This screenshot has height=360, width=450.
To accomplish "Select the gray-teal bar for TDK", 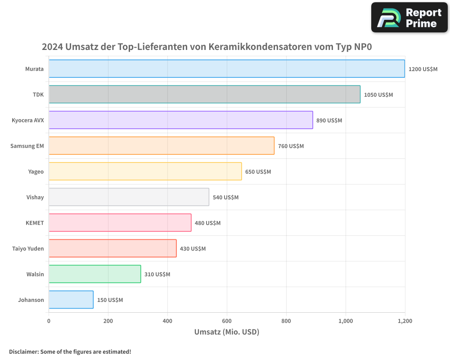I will click(x=204, y=94).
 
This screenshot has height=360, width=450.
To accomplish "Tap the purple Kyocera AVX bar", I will click(x=180, y=120).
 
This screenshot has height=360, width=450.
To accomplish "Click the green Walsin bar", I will click(x=94, y=274).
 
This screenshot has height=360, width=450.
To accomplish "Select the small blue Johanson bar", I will click(x=71, y=300).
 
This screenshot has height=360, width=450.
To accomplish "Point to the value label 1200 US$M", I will click(x=423, y=69).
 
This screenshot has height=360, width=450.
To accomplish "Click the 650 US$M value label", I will click(x=258, y=172).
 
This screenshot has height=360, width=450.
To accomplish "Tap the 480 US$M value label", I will click(x=207, y=223).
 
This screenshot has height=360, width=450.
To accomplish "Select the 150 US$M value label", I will click(x=110, y=300).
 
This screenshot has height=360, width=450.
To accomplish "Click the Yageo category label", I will click(x=36, y=171).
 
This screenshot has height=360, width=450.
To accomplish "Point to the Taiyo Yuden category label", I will click(x=28, y=248).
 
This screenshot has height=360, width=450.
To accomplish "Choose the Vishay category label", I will click(x=35, y=197).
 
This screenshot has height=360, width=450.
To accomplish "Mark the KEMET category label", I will click(x=35, y=223).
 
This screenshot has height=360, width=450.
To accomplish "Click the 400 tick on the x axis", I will click(x=167, y=321).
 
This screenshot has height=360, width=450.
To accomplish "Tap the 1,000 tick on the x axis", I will click(x=346, y=321).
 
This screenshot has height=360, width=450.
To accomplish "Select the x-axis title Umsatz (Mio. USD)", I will click(x=227, y=332).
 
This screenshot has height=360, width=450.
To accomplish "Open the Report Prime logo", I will click(x=409, y=18).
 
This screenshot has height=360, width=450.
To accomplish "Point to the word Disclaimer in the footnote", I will click(x=23, y=351).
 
